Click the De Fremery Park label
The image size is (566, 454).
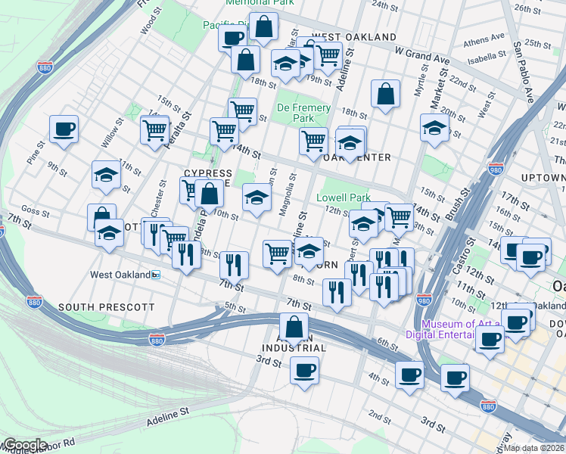(303, 113)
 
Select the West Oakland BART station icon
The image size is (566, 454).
(156, 275)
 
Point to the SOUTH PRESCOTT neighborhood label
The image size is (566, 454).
(106, 308)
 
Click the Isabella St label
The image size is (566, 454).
(487, 56)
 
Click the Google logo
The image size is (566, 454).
(25, 445)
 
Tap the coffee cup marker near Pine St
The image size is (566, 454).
(64, 129)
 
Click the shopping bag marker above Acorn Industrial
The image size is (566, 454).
(294, 328)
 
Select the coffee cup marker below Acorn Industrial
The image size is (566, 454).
(304, 371)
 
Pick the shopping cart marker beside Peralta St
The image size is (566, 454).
(154, 130)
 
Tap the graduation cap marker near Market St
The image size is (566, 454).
(435, 128)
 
